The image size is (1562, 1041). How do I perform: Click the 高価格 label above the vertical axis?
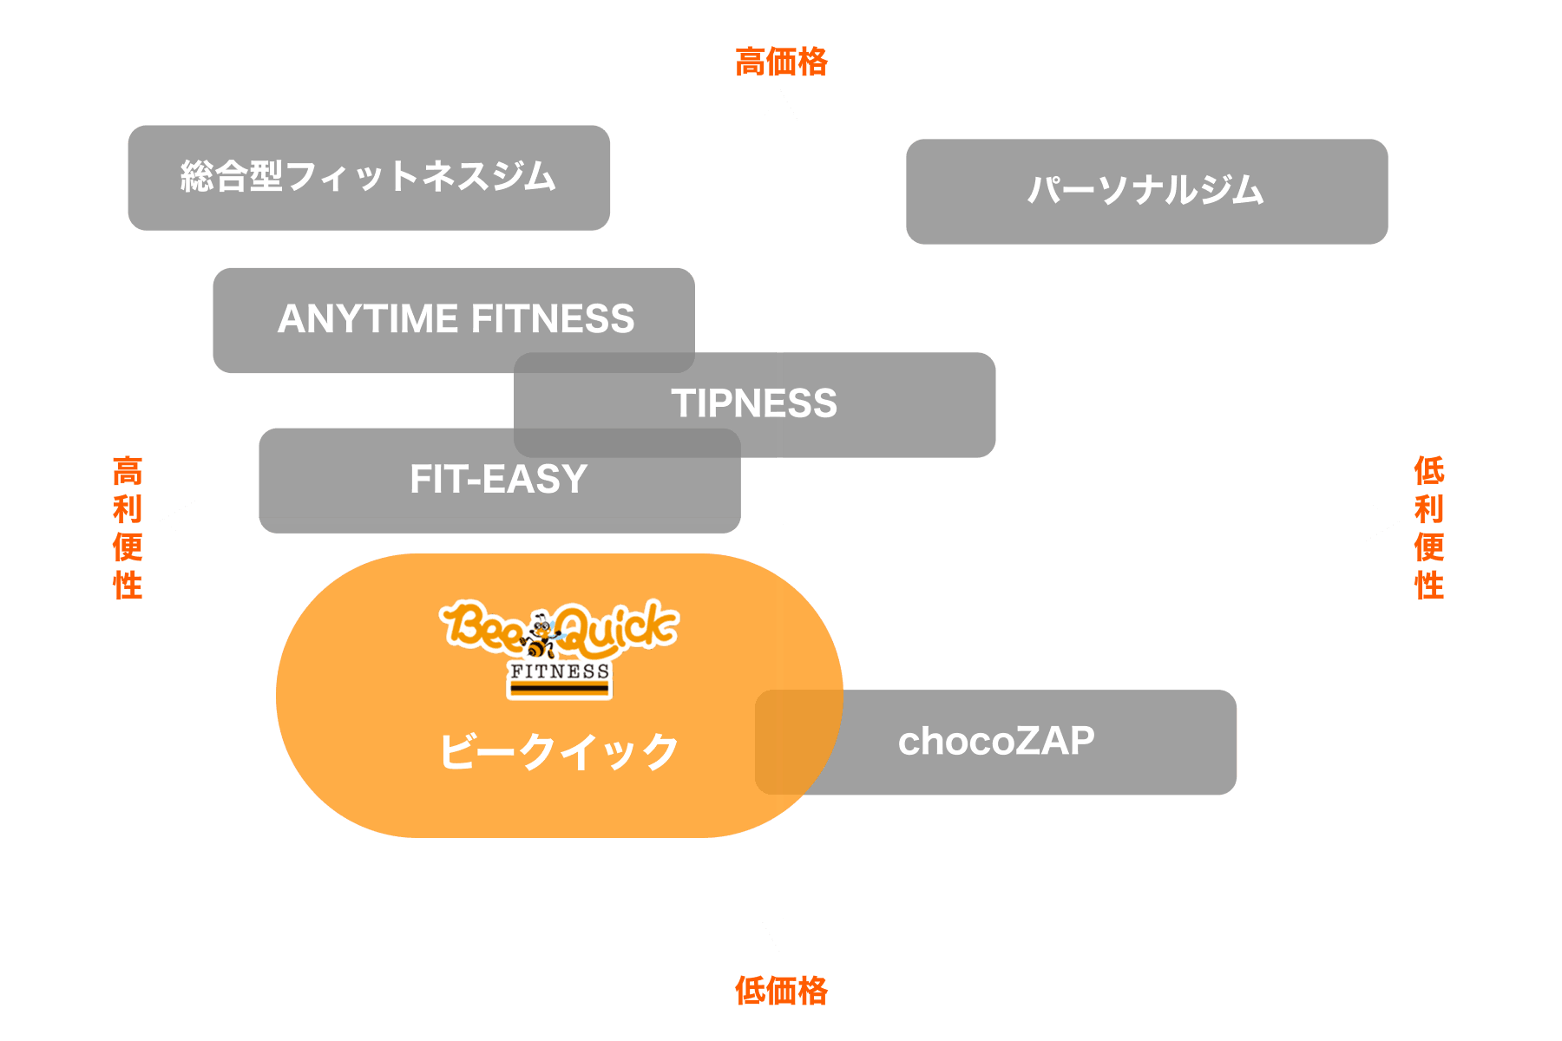[781, 62]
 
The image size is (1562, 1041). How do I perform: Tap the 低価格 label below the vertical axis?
[781, 990]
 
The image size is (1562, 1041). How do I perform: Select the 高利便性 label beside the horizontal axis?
[128, 527]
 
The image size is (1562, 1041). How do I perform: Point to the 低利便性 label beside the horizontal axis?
[1429, 527]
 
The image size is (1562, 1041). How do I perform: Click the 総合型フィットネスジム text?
[368, 176]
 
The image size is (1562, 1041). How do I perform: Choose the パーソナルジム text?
[1145, 190]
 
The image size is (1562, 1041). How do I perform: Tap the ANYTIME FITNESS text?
[456, 319]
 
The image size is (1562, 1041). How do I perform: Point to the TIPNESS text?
[754, 403]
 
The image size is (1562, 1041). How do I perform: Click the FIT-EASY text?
[499, 479]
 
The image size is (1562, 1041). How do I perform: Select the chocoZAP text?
[996, 742]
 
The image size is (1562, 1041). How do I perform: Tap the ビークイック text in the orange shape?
[559, 751]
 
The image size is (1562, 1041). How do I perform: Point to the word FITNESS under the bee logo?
[560, 671]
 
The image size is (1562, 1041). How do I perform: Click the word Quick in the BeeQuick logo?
[618, 626]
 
